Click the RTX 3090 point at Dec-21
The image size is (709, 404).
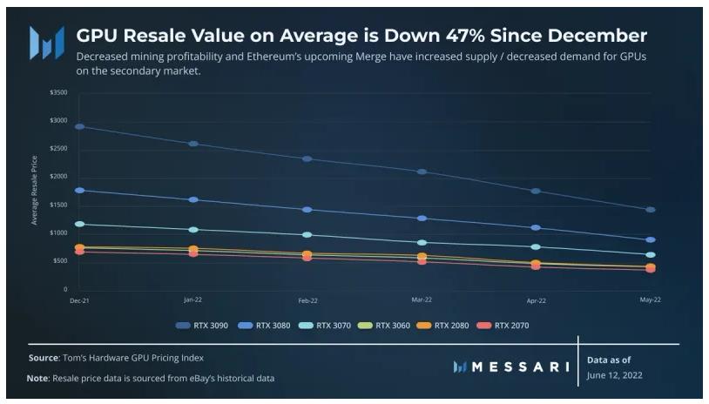coord(79,126)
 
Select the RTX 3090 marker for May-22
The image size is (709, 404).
coord(650,210)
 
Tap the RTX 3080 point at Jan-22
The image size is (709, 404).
coord(192,199)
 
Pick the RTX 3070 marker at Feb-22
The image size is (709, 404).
coord(307,235)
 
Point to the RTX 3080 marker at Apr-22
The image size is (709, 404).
coord(536,227)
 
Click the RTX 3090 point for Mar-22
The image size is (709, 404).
coord(422,172)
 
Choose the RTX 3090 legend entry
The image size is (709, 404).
coord(205,326)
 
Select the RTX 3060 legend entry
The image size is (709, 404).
coord(388,326)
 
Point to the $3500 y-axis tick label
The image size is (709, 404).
coord(58,91)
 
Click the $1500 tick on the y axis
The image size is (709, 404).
coord(58,205)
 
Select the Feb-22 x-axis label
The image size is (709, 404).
coord(307,300)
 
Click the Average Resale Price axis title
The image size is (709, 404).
coord(35,190)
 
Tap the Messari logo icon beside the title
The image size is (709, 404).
coord(46,42)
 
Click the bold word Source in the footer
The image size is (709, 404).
coord(44,358)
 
